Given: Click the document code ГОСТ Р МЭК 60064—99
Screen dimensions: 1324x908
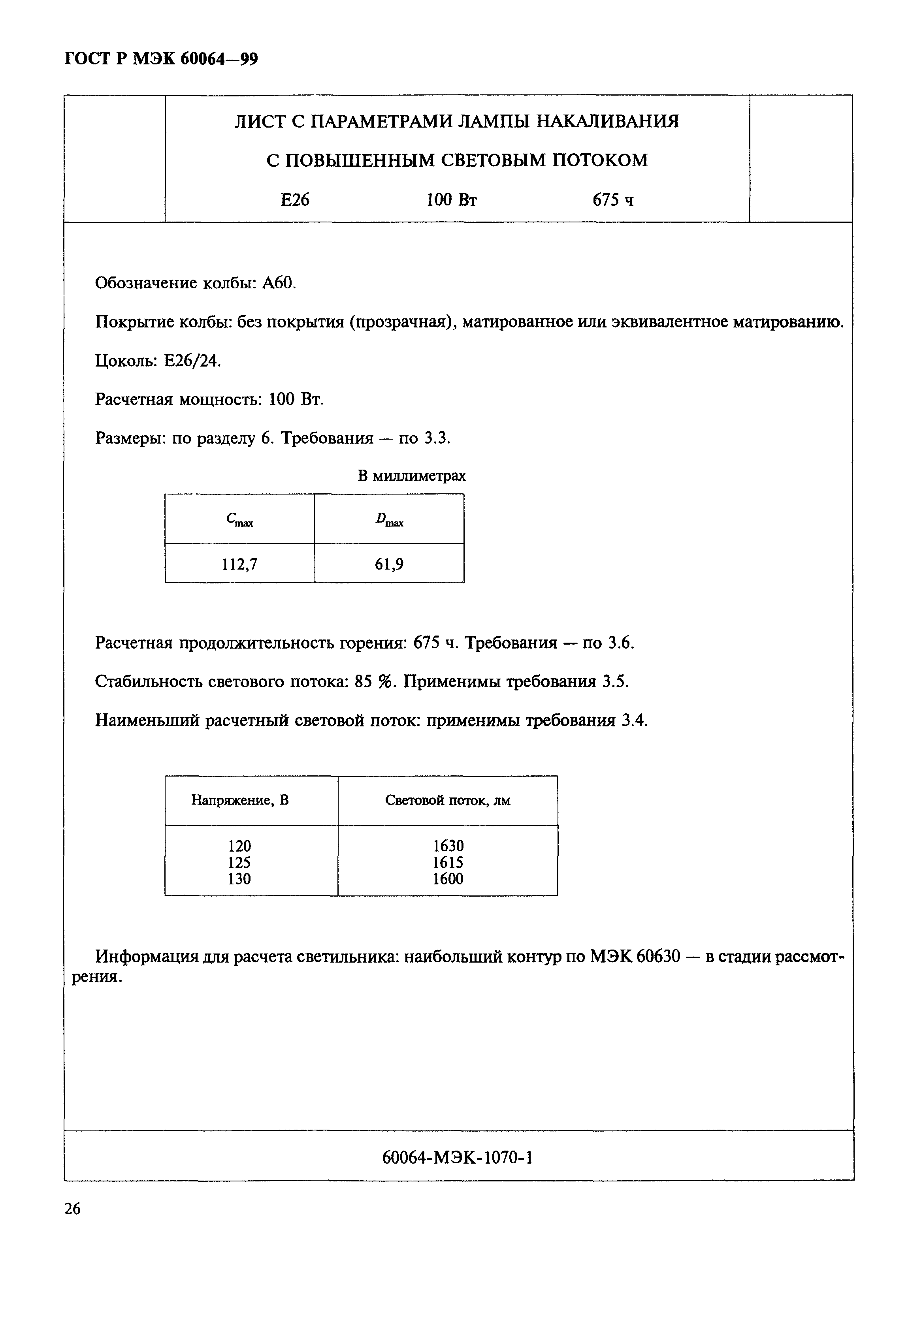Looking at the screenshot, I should pos(161,59).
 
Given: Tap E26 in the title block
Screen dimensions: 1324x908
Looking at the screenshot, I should pos(295,200).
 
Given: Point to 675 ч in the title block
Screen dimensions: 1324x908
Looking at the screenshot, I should pos(613,200).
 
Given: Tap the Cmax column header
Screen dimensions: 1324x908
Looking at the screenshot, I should pos(239,519).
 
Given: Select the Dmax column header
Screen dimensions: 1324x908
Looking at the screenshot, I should pos(389,519).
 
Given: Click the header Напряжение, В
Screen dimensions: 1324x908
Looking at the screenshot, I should pos(240,800).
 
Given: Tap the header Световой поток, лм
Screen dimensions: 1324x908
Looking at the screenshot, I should pos(447,800).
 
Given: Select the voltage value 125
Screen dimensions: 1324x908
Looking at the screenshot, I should pos(239,863).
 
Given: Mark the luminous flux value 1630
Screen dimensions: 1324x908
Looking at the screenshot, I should pos(448,846).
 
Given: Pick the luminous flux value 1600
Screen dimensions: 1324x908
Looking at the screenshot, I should pos(448,879).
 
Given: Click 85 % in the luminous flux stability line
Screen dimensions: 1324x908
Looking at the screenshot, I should pos(375,681).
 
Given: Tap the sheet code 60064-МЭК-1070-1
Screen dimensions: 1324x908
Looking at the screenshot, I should pos(457,1157).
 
